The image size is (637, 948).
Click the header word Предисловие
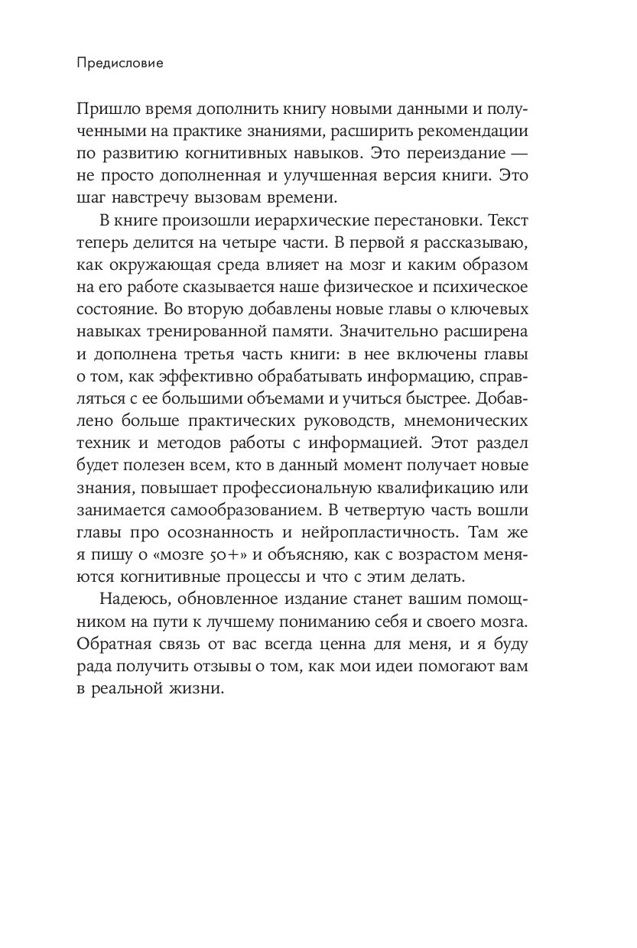pyautogui.click(x=120, y=64)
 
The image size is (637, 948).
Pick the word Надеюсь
pyautogui.click(x=130, y=597)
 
